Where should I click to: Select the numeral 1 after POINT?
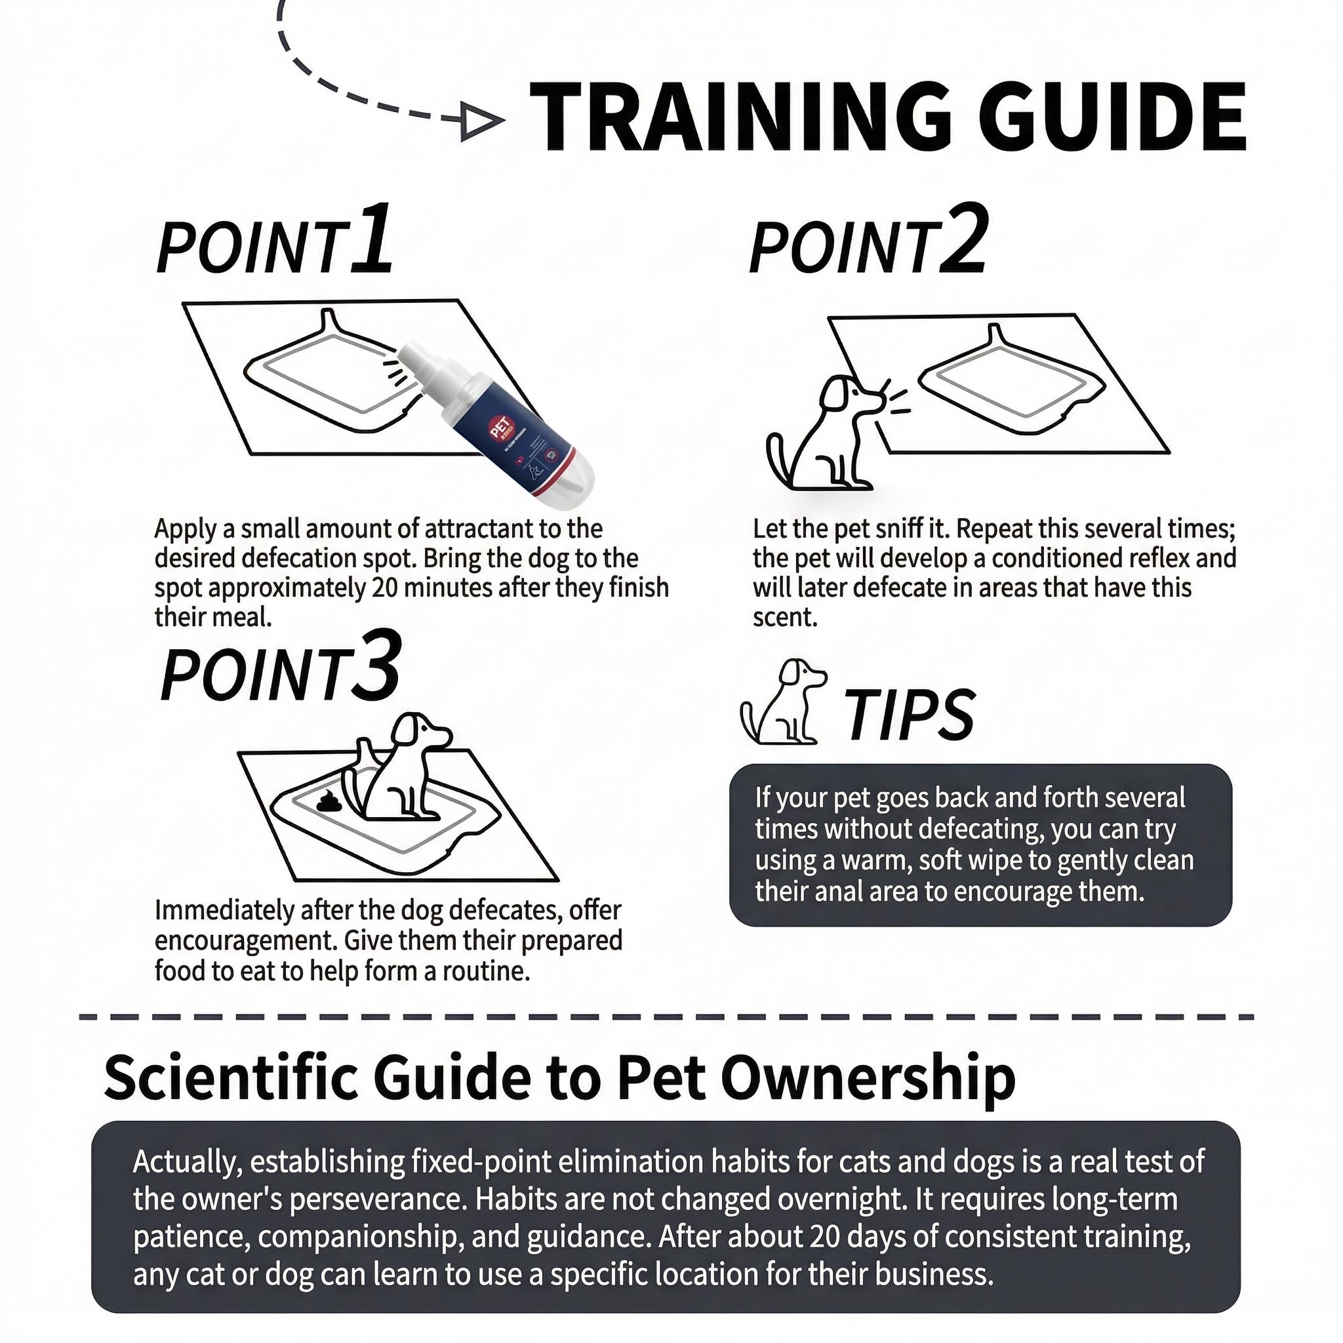click(371, 240)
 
